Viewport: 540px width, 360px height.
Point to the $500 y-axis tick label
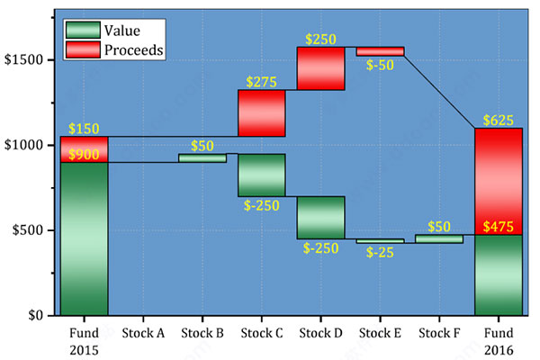(26, 230)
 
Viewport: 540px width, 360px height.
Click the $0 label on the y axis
(34, 316)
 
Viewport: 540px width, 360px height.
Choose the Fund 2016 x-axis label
(498, 340)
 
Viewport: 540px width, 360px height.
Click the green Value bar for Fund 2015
(84, 238)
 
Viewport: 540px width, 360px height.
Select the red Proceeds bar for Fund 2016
(498, 181)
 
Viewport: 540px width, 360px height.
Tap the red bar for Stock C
(262, 112)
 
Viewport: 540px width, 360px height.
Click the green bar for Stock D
(320, 217)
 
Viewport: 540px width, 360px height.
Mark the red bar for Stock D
(320, 68)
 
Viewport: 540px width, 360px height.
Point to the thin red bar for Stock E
(380, 51)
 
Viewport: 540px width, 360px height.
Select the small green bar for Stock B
(202, 158)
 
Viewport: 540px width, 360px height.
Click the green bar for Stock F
(439, 239)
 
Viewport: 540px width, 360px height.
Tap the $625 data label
(498, 120)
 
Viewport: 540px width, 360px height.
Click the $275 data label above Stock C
(262, 82)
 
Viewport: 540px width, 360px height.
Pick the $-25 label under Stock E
(380, 252)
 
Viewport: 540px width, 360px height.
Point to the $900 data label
(84, 155)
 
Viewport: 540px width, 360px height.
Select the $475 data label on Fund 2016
(498, 226)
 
